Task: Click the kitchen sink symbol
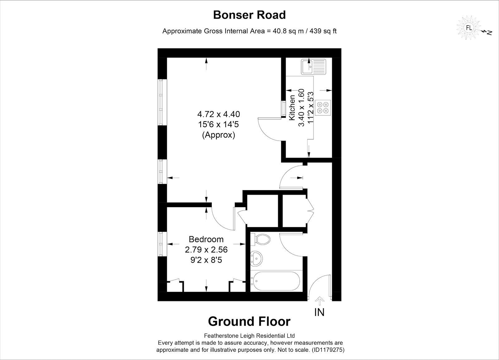313,67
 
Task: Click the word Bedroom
206,239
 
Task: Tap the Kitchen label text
292,108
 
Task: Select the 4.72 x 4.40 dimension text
218,114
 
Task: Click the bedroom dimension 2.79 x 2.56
206,250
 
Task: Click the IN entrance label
319,312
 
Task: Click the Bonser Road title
249,15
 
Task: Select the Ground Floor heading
249,321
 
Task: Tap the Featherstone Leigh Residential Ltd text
249,336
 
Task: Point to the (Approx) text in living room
218,135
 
